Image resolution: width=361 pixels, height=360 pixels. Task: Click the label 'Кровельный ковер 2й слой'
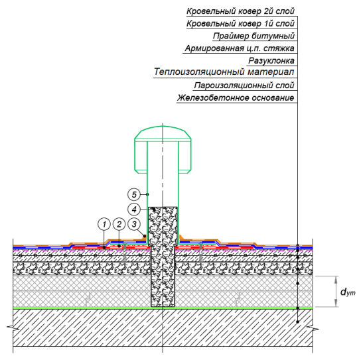click(240, 11)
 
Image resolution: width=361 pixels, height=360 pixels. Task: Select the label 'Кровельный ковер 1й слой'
click(240, 23)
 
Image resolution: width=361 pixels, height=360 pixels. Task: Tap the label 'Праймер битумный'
click(253, 36)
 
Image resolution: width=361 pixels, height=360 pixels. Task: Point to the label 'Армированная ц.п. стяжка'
click(240, 48)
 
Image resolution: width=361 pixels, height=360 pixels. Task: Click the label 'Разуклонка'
click(271, 61)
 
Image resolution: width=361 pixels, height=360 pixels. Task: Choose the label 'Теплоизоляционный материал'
click(224, 72)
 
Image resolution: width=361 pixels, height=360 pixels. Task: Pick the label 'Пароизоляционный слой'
click(244, 86)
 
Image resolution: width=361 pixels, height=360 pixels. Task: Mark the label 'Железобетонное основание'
click(236, 97)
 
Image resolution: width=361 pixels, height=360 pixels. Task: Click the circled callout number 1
click(104, 224)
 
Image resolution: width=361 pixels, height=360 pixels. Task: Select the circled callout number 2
click(119, 224)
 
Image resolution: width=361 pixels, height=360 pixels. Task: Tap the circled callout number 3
click(134, 224)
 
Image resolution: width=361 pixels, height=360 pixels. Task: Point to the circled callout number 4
click(134, 210)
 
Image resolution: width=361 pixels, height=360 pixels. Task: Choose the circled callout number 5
click(134, 195)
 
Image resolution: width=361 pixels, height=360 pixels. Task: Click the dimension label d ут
click(348, 292)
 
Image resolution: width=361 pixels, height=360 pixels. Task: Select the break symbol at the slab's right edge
click(313, 328)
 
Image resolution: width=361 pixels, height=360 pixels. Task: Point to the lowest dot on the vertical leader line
click(297, 322)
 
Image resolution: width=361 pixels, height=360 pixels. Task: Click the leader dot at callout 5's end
click(147, 195)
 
